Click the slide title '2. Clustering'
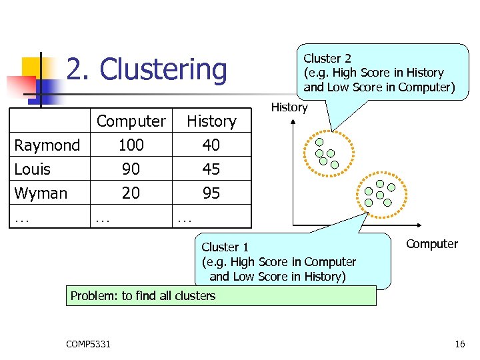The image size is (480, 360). point(147,70)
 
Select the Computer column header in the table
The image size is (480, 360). point(131,121)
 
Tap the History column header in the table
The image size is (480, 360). point(211,121)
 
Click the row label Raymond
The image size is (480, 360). point(47,145)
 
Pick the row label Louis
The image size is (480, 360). point(32,169)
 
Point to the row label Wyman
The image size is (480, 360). point(41,193)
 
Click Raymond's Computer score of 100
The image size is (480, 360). point(131,145)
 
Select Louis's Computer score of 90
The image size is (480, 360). point(131,169)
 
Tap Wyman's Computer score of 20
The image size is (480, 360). point(131,193)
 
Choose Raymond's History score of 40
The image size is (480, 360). point(211,145)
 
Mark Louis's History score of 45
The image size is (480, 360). point(211,169)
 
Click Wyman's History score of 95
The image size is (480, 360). point(211,193)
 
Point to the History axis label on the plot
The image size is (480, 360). point(289,107)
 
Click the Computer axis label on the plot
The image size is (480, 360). point(432,244)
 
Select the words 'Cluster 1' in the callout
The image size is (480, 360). point(225,247)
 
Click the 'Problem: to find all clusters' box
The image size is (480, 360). point(221,295)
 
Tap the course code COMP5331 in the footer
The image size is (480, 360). point(89,344)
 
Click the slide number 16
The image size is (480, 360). point(459,344)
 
